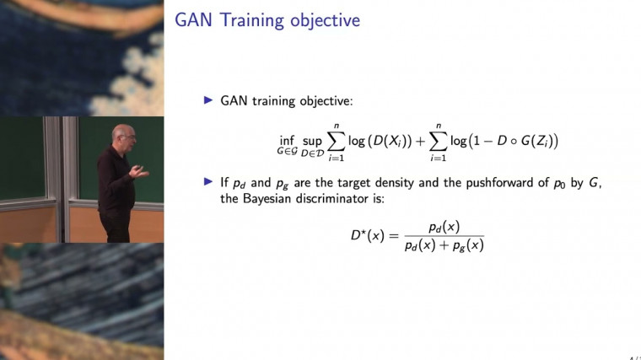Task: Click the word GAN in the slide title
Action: click(194, 20)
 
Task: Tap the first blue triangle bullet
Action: click(210, 99)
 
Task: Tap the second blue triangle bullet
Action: click(210, 181)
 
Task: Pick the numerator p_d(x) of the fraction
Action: click(444, 227)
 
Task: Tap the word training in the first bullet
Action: click(277, 99)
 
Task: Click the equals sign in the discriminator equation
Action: click(397, 236)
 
